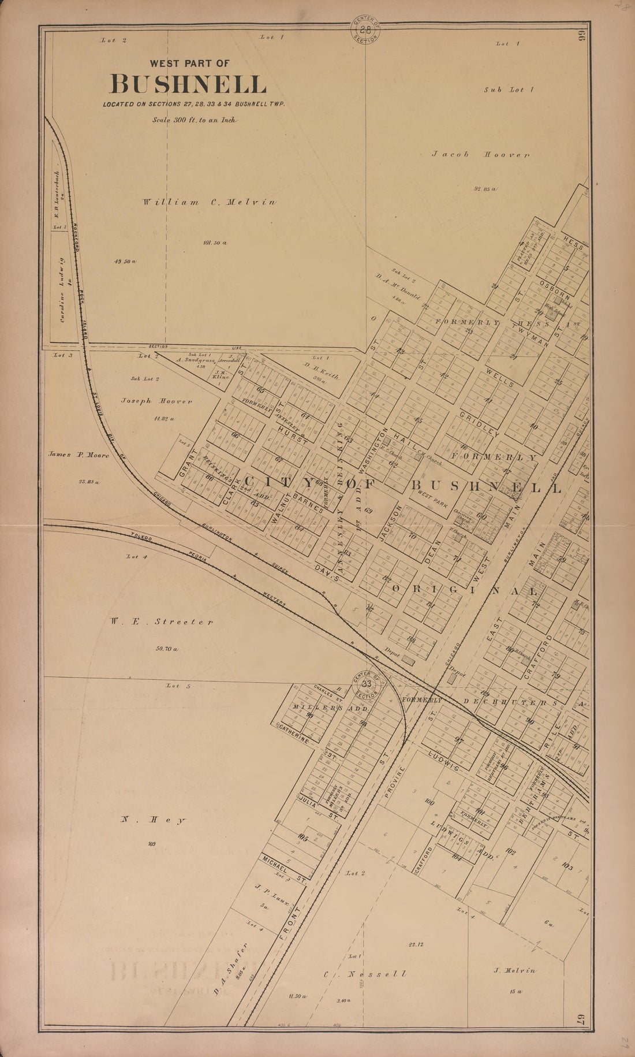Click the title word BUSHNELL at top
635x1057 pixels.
[188, 85]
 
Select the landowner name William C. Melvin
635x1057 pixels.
[210, 202]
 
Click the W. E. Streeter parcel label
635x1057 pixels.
[160, 622]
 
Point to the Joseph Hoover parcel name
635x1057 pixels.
[156, 401]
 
